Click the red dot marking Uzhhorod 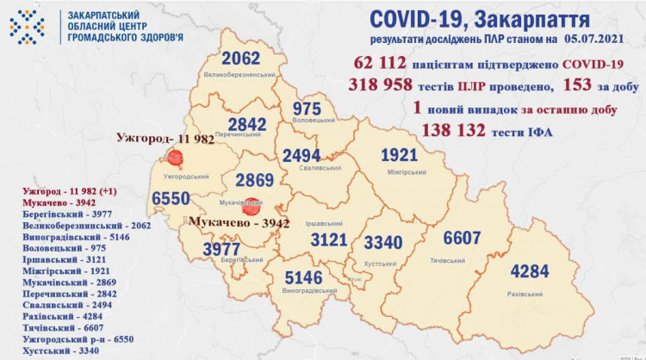[x=176, y=158]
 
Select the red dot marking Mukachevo [x=251, y=208]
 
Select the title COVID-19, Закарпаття [x=481, y=19]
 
